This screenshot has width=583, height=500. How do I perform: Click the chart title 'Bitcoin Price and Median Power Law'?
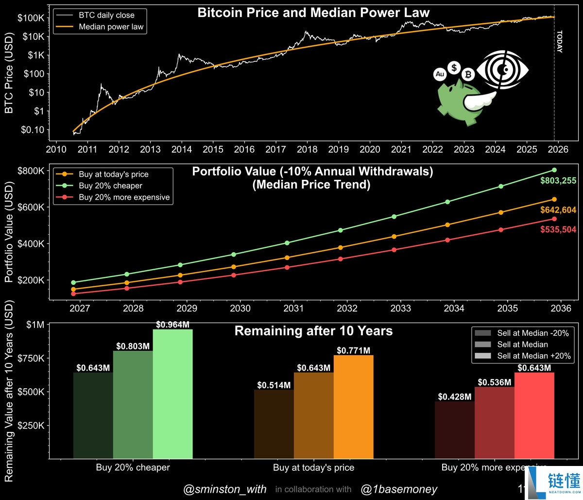click(x=313, y=13)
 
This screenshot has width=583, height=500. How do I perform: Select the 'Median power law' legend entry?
click(x=111, y=27)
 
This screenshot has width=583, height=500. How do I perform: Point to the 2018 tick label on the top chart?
click(x=307, y=149)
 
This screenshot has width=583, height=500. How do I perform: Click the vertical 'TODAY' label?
click(x=559, y=42)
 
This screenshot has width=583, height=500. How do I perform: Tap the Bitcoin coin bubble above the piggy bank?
click(x=468, y=74)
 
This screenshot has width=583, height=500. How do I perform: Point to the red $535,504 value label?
click(x=558, y=229)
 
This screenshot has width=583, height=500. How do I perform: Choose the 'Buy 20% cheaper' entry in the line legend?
click(x=110, y=186)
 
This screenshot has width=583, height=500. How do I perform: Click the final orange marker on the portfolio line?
click(x=554, y=199)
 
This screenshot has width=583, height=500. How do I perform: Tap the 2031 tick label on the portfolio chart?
click(x=293, y=308)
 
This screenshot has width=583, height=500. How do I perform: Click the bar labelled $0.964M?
click(x=172, y=394)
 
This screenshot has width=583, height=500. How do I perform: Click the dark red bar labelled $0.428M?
click(x=454, y=430)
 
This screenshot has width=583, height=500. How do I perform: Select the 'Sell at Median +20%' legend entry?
click(x=532, y=356)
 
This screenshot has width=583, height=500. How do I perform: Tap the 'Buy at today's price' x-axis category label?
click(x=313, y=467)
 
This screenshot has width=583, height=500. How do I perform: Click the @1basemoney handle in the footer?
click(x=399, y=489)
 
